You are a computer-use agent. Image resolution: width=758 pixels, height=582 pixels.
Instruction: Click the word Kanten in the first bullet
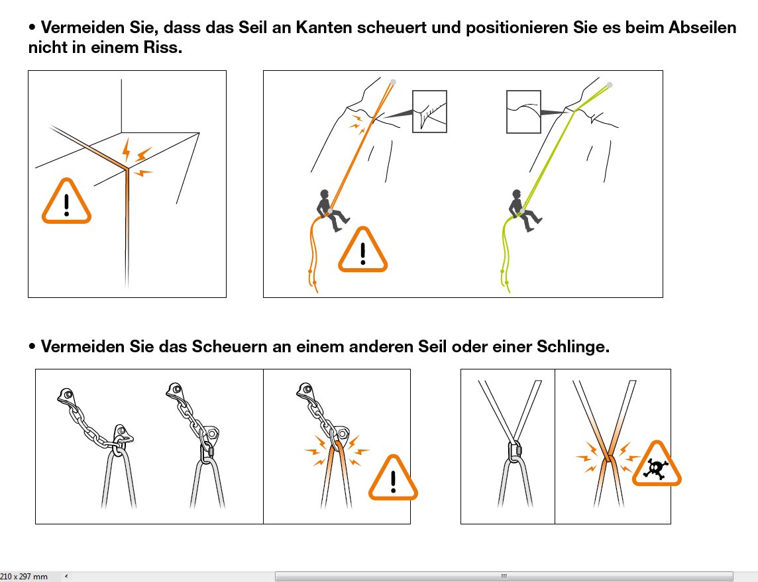[324, 28]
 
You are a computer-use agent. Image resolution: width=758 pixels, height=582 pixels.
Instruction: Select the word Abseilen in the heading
[702, 28]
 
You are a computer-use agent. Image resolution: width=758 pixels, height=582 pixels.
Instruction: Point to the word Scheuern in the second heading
[227, 347]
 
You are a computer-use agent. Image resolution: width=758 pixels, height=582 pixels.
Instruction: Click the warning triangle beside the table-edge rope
[67, 201]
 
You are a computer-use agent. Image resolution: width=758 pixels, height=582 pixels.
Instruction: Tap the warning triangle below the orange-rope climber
[363, 250]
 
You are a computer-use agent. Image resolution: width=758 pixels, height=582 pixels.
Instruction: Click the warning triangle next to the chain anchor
[393, 477]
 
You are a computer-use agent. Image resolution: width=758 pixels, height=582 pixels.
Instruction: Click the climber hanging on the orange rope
[331, 211]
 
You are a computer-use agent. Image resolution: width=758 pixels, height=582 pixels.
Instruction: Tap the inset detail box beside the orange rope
[429, 111]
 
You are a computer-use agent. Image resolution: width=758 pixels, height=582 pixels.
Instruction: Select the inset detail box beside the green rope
[523, 112]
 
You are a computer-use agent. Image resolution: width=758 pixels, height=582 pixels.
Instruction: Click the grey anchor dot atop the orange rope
[393, 82]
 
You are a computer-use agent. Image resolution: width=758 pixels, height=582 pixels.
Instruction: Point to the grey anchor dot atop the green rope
[610, 85]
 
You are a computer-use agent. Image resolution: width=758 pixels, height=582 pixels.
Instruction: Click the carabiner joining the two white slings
[514, 450]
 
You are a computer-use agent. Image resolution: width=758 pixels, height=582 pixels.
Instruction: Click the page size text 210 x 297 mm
[24, 576]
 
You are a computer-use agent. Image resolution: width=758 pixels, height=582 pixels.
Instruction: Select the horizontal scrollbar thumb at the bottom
[504, 576]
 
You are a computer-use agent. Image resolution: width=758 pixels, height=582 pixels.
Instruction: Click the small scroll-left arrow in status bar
[66, 576]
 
